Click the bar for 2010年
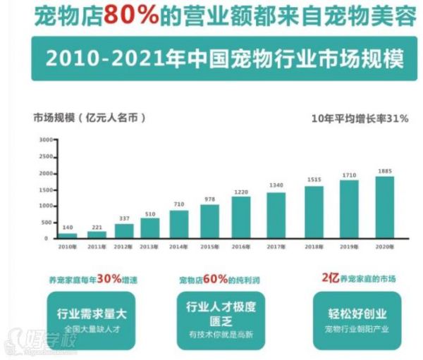[69, 235]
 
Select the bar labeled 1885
[384, 207]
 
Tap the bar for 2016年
[241, 217]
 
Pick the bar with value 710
[179, 224]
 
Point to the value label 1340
[276, 185]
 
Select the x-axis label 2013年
[149, 247]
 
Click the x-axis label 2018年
[314, 247]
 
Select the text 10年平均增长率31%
[360, 118]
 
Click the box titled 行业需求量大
[88, 318]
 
